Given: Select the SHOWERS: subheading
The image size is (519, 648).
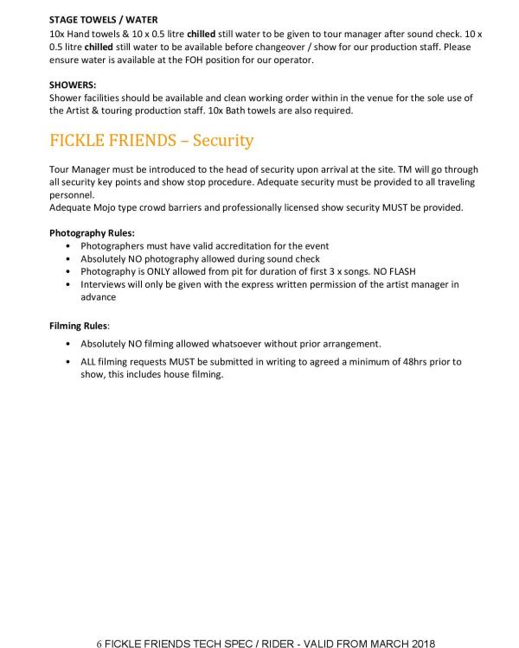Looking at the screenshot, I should pyautogui.click(x=73, y=85).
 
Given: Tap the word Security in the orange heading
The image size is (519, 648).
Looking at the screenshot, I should pyautogui.click(x=223, y=140).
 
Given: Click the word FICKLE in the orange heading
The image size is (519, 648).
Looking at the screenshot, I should pyautogui.click(x=79, y=140).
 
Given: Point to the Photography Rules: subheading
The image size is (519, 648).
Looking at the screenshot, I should pyautogui.click(x=92, y=233).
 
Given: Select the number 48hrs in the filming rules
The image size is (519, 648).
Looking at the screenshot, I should pyautogui.click(x=400, y=361).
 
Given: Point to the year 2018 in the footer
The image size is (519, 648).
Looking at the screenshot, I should pyautogui.click(x=422, y=643).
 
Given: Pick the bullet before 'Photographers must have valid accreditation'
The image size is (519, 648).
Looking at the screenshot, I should pyautogui.click(x=69, y=246).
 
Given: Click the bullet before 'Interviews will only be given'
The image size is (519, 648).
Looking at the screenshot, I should pyautogui.click(x=69, y=284).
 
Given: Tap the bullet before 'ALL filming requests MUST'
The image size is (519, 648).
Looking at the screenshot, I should pyautogui.click(x=69, y=361).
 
